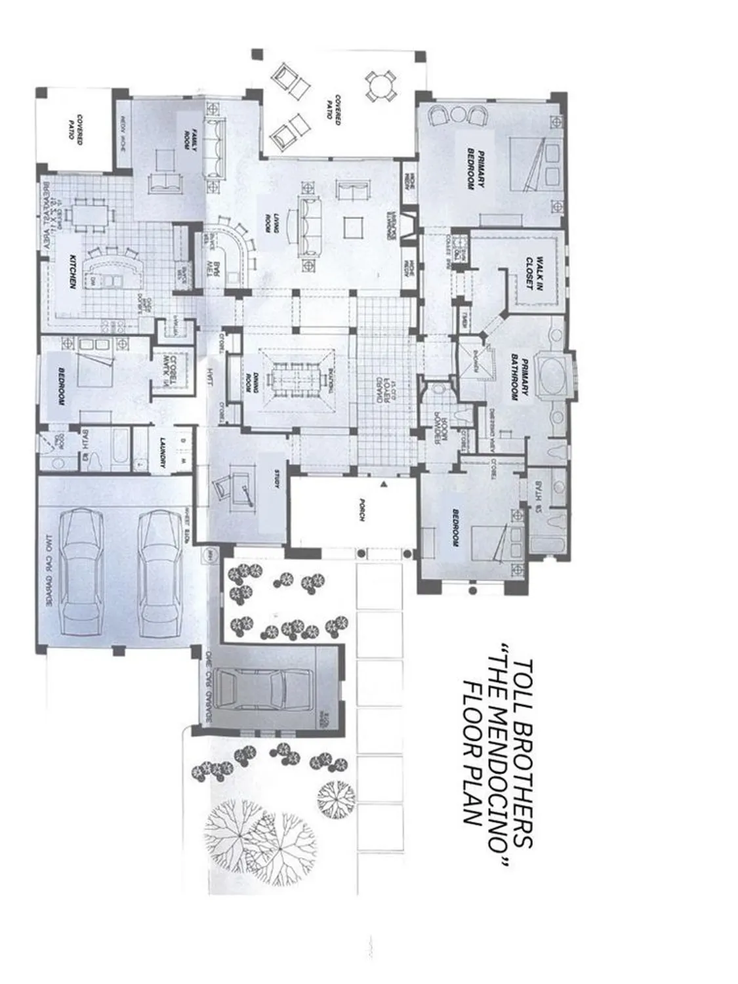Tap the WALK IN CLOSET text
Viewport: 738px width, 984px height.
[534, 268]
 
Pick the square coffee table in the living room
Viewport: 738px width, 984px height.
[352, 228]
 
